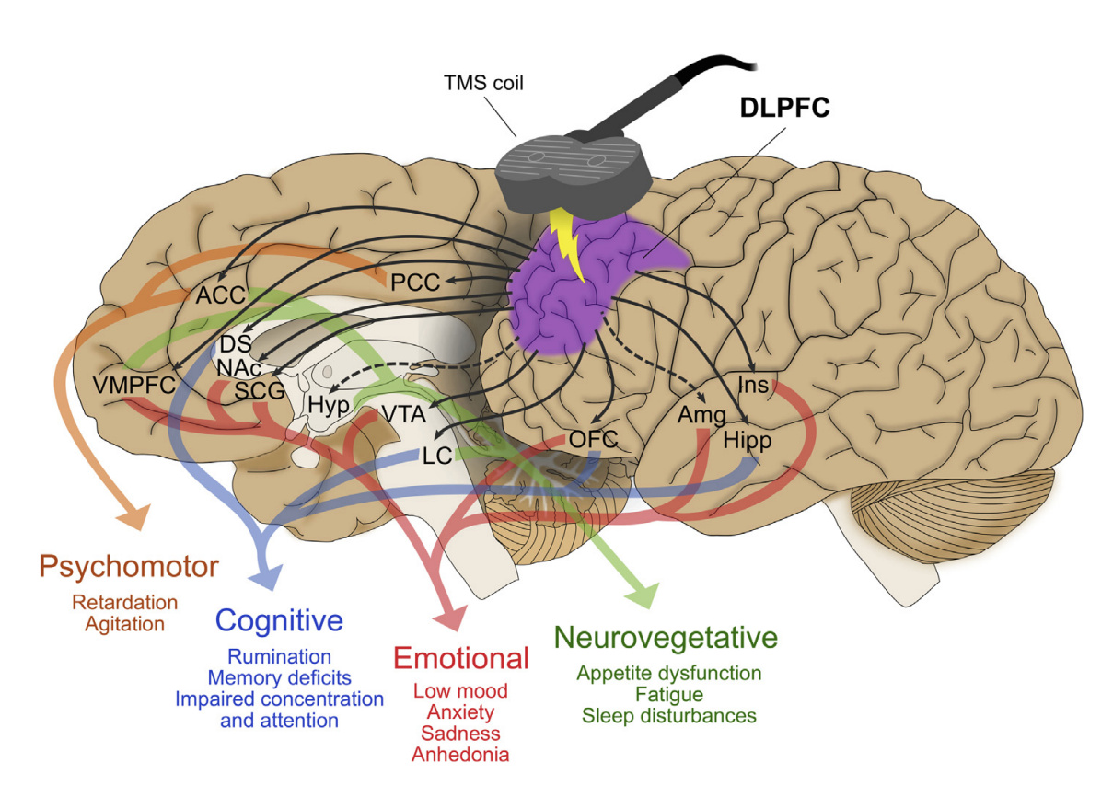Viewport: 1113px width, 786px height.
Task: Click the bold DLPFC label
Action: [784, 109]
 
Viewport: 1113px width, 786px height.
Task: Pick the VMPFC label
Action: [134, 385]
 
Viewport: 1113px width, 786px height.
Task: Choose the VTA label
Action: [404, 413]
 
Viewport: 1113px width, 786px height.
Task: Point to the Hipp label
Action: [747, 440]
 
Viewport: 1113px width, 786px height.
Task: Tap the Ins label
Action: [753, 385]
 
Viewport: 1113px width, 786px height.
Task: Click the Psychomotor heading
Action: [129, 565]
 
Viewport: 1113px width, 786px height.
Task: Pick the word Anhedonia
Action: [460, 755]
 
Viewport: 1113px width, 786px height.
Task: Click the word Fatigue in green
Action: [668, 694]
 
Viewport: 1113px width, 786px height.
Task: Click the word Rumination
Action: [279, 657]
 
